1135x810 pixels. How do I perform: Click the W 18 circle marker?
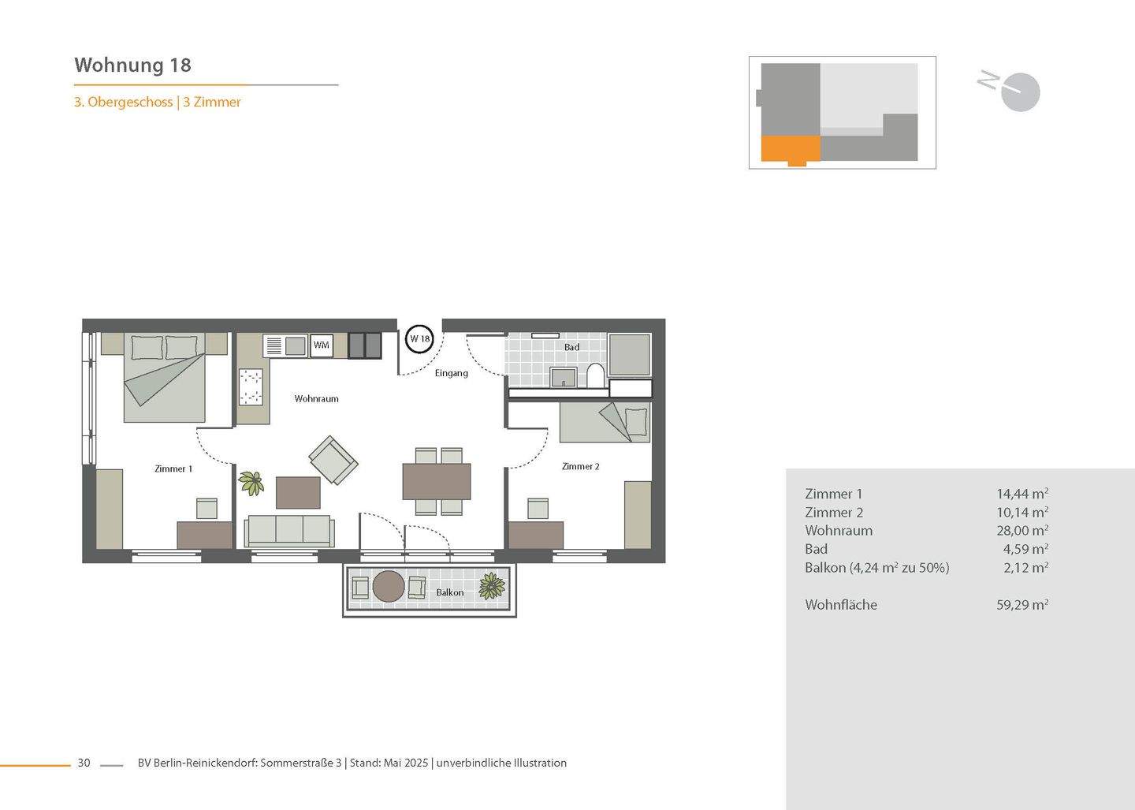[419, 339]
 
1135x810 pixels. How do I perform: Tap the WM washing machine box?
[321, 345]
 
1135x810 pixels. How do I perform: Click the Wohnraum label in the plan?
[316, 399]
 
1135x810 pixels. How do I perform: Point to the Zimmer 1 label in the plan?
[173, 468]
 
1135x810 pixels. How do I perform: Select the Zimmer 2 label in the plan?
[580, 466]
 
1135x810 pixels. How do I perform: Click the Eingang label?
[452, 373]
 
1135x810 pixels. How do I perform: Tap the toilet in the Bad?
[595, 375]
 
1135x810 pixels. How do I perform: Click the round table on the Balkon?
[389, 587]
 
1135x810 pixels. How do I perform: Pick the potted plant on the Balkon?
[492, 586]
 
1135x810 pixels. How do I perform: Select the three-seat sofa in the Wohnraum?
[289, 531]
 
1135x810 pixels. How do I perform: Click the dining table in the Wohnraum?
[437, 481]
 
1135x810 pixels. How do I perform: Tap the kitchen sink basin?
[296, 345]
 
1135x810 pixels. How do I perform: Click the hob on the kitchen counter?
[251, 387]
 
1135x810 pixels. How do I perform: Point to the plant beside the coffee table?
[251, 482]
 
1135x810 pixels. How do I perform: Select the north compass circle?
[1022, 93]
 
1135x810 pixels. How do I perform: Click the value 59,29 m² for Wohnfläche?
[1021, 605]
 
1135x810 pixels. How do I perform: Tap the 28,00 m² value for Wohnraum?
[1021, 531]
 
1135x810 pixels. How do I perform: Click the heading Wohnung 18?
[132, 65]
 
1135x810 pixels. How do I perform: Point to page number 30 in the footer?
[84, 763]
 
